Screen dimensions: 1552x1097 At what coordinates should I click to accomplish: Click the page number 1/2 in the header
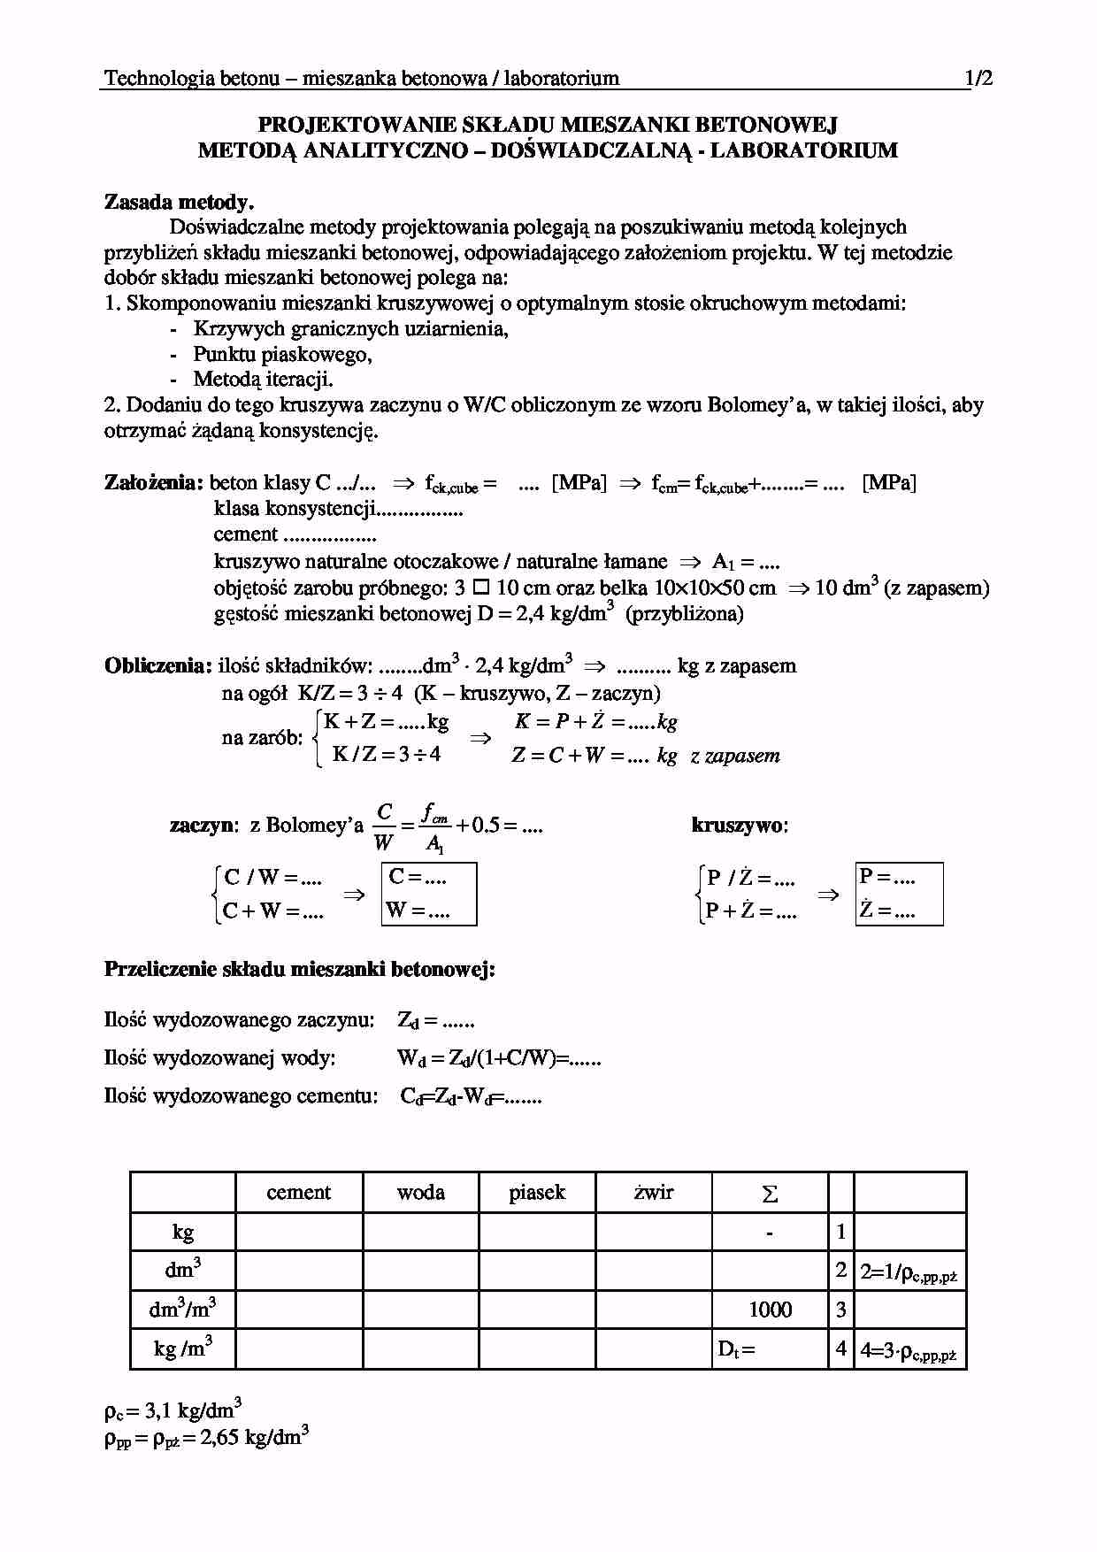(x=979, y=78)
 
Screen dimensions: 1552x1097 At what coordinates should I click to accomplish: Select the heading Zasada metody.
(x=180, y=202)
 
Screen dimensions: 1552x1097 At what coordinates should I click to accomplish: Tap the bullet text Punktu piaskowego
(x=282, y=354)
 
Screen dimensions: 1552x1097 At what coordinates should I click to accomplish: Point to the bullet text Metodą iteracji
(x=264, y=380)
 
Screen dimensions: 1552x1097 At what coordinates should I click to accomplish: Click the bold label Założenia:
(x=154, y=483)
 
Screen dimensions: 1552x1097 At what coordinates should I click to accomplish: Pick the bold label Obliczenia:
(x=158, y=665)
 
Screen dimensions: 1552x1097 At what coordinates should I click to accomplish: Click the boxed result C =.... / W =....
(x=429, y=894)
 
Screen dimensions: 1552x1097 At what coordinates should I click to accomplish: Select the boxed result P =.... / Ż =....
(x=899, y=894)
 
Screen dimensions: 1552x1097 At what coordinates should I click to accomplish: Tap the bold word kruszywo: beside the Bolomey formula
(x=740, y=826)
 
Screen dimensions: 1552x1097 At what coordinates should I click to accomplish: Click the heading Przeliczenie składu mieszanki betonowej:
(x=300, y=969)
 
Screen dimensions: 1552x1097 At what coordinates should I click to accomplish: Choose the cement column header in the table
(x=298, y=1193)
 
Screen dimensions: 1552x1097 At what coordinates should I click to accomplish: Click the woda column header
(x=420, y=1193)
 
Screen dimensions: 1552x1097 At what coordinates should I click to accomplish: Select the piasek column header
(x=537, y=1193)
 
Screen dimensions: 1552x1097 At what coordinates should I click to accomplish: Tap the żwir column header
(x=654, y=1193)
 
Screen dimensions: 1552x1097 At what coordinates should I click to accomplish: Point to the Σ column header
(x=770, y=1194)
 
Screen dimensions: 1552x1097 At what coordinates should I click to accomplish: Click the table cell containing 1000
(x=770, y=1310)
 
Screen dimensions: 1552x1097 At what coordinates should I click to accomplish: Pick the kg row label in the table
(x=183, y=1232)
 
